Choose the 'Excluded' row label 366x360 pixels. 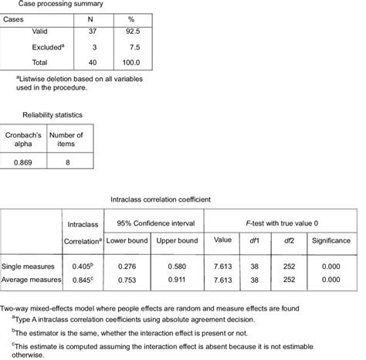click(x=47, y=48)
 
